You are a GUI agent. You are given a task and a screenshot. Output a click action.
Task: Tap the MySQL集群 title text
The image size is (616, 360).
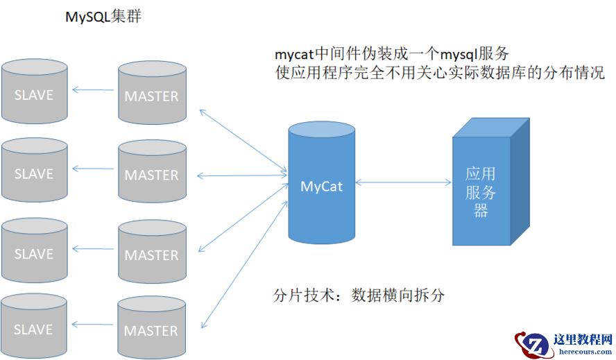pos(103,16)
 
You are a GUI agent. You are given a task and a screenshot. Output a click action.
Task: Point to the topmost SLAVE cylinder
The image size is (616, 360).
pos(34,94)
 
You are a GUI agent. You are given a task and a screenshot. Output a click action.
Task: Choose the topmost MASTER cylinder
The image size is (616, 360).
pos(151,96)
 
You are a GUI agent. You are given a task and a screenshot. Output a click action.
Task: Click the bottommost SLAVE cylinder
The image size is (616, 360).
pos(34,329)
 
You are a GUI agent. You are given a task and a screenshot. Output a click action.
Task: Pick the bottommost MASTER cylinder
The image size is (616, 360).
pos(151,330)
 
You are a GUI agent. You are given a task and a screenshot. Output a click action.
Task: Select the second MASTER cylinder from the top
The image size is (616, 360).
pos(151,175)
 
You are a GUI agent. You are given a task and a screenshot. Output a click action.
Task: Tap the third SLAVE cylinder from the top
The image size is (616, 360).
pos(34,253)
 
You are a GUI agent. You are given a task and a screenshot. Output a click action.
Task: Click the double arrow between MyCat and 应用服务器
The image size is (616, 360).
pos(403,183)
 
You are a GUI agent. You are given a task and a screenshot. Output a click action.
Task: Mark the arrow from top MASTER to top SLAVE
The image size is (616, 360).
pos(94,89)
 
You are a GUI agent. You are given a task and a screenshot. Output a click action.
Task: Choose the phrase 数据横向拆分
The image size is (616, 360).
pos(397,295)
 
